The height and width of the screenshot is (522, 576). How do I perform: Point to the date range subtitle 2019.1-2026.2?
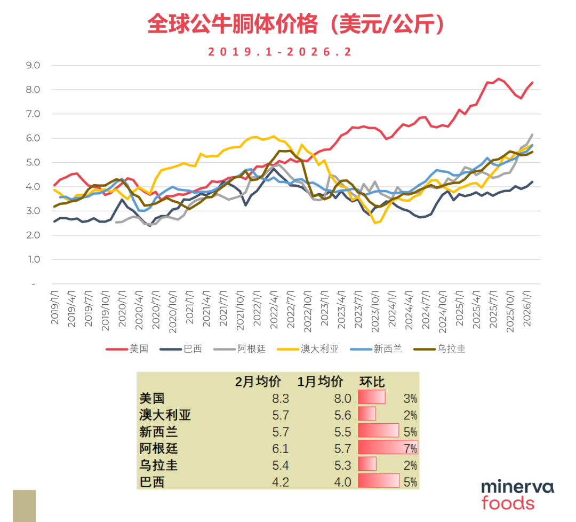click(x=280, y=52)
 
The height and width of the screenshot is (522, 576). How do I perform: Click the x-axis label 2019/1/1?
click(x=55, y=307)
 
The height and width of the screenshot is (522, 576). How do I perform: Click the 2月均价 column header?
click(x=258, y=382)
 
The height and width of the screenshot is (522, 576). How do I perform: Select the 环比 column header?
click(x=372, y=382)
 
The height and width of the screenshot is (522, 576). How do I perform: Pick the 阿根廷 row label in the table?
click(x=158, y=448)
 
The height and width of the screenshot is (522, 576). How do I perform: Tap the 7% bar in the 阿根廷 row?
click(x=387, y=448)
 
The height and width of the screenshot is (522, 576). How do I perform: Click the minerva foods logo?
click(x=517, y=495)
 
